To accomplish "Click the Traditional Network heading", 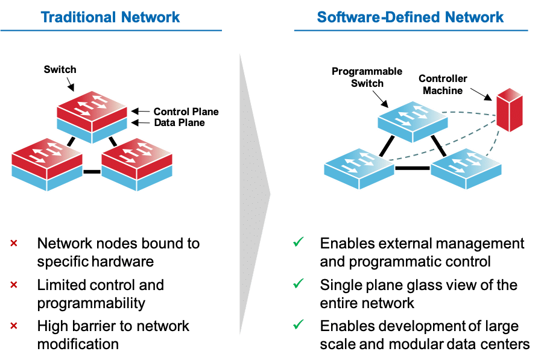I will point(110,16).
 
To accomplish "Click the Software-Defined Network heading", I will point(410,16).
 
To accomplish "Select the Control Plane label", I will point(186,112).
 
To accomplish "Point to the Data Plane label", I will point(179,122).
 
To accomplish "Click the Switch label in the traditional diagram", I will point(60,69).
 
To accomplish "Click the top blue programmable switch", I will point(414,117).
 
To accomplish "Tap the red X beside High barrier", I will point(13,326).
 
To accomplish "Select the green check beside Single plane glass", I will point(297,283).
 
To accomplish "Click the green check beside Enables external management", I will point(297,242).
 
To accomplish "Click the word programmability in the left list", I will point(91,302).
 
